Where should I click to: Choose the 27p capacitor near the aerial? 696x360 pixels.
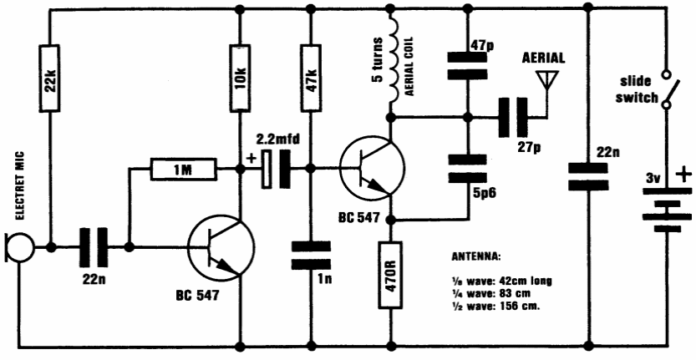(511, 118)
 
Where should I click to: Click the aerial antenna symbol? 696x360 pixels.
(547, 79)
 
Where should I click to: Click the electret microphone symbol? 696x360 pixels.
(18, 248)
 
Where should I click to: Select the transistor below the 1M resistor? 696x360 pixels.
(219, 248)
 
